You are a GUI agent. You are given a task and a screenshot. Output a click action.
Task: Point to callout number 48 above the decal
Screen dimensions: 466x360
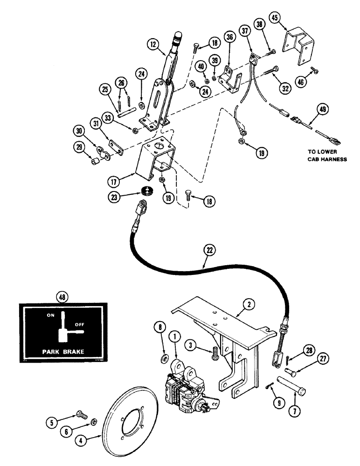click(62, 296)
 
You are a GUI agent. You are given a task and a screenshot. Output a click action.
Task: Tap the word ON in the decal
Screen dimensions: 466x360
click(51, 315)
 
